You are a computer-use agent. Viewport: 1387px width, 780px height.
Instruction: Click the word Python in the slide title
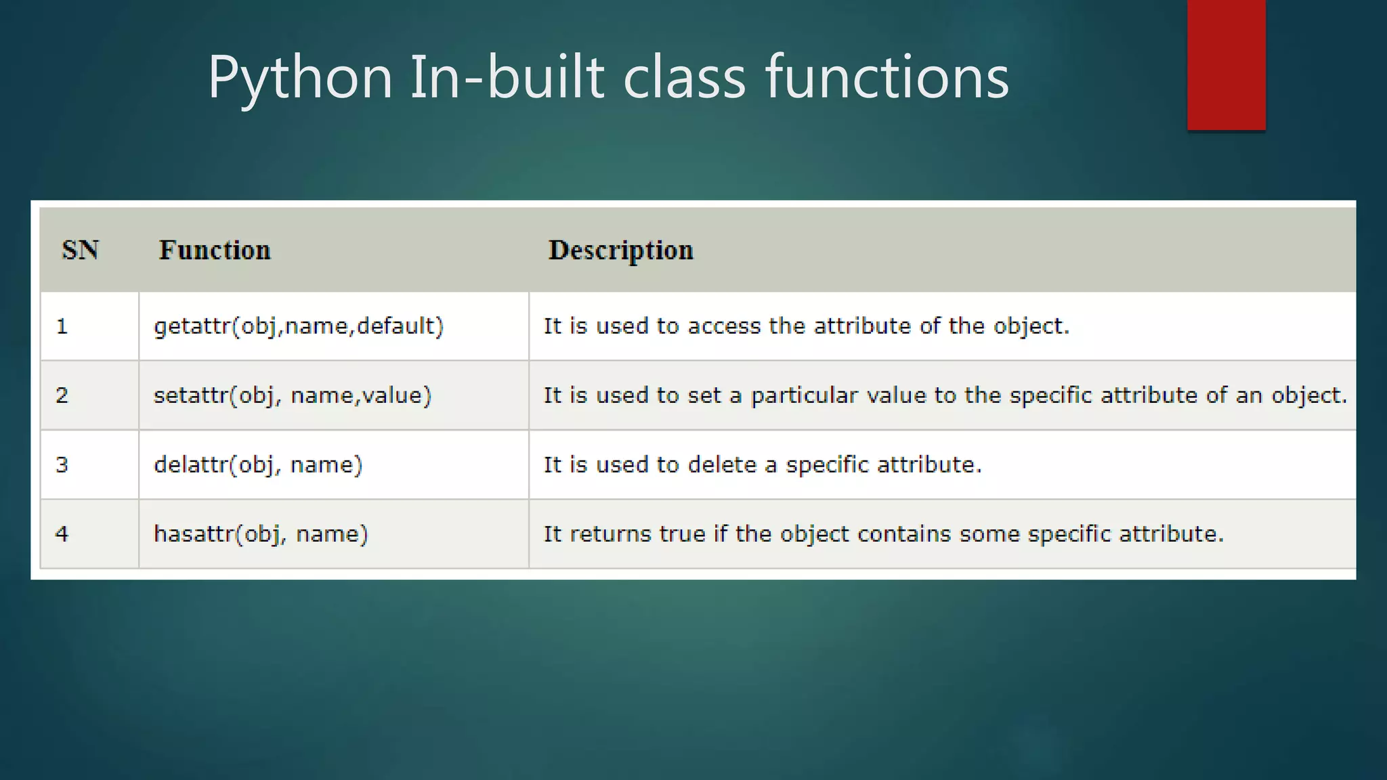[300, 78]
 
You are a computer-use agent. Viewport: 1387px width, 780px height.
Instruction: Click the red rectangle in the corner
[1226, 64]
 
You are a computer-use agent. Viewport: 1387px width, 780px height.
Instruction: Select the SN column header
[81, 251]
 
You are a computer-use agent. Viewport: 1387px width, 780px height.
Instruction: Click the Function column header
[215, 251]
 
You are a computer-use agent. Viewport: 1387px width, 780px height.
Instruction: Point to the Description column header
[620, 251]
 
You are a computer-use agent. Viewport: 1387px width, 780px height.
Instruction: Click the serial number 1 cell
[62, 326]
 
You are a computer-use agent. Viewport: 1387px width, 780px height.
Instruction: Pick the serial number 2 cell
[62, 395]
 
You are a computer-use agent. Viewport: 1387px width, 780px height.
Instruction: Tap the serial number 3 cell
[62, 464]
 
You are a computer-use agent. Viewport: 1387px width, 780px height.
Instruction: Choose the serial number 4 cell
[62, 534]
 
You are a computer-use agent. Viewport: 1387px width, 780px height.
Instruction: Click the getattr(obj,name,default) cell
[299, 326]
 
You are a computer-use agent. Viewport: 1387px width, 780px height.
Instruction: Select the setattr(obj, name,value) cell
[293, 395]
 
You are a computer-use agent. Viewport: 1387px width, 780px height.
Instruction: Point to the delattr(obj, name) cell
[258, 464]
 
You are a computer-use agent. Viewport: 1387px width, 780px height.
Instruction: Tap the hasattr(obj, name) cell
[261, 534]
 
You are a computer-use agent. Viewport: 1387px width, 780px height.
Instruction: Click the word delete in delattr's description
[722, 464]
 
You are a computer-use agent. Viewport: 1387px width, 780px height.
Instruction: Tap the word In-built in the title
[507, 78]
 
